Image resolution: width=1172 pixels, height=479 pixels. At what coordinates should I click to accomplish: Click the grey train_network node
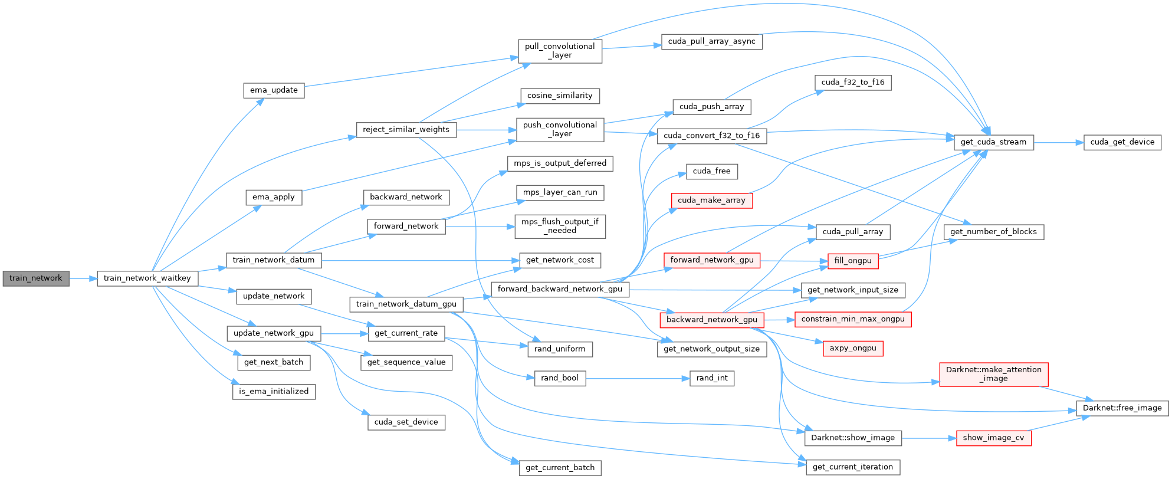tap(35, 278)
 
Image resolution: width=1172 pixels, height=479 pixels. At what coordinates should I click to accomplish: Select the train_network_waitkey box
tap(147, 278)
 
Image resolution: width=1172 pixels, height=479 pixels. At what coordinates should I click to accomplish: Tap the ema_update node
tap(274, 90)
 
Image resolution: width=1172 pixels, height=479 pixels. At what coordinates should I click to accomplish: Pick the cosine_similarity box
tap(560, 96)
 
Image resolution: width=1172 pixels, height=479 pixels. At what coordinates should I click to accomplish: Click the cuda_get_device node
tap(1122, 142)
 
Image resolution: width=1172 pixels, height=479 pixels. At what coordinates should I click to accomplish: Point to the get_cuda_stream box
tap(993, 142)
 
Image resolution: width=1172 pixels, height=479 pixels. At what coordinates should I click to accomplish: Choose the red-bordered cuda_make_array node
tap(711, 201)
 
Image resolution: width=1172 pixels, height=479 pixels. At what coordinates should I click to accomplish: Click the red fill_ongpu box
tap(853, 261)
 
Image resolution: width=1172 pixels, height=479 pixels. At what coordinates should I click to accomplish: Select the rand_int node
tap(712, 378)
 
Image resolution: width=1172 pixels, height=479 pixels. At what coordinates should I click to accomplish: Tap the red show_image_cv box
tap(993, 438)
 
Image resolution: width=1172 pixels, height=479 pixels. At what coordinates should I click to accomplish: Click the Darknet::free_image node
tap(1122, 408)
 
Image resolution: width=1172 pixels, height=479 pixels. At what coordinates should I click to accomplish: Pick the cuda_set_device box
tap(406, 422)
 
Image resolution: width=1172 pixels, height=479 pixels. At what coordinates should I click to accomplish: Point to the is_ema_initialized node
tap(274, 392)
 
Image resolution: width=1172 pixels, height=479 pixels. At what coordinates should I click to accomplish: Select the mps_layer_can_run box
tap(560, 192)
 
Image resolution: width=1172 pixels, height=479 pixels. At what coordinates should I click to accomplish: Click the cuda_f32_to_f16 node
tap(853, 83)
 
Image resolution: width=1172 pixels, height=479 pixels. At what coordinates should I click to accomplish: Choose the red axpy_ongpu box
tap(853, 348)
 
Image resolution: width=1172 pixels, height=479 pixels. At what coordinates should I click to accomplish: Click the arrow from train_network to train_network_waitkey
tap(83, 278)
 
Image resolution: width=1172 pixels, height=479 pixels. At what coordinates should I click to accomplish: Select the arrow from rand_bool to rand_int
tap(638, 378)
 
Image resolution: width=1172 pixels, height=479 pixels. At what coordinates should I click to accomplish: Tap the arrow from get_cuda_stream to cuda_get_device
tap(1058, 142)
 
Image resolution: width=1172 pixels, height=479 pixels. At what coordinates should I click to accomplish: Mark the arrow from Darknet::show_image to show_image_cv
tap(928, 438)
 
